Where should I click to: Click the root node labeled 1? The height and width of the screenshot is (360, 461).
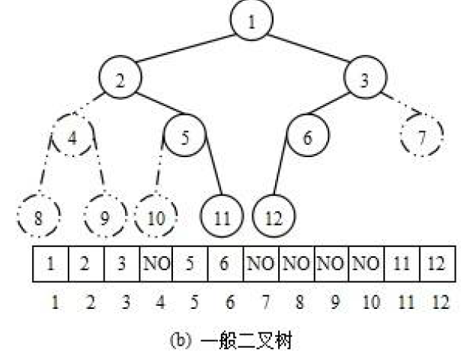point(252,22)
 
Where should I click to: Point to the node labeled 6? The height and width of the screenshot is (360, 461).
point(307,138)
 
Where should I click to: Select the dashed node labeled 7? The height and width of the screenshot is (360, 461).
point(421,138)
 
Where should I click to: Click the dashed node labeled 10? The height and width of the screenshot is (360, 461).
point(155,218)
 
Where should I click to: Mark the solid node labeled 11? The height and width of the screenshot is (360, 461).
point(222,218)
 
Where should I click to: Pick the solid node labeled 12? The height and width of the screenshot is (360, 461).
point(274,218)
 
